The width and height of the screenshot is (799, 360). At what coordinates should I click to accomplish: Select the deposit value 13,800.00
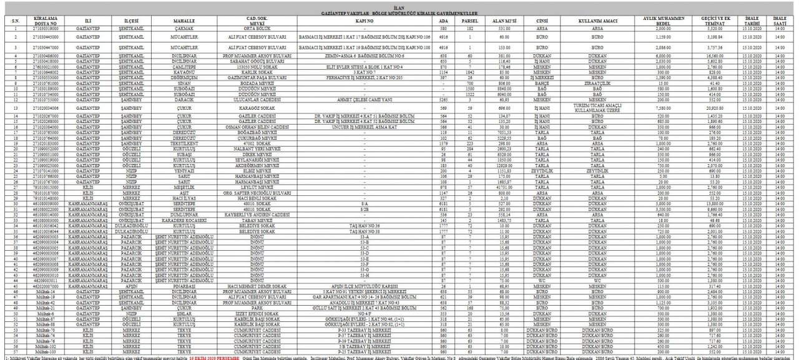(x=715, y=203)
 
